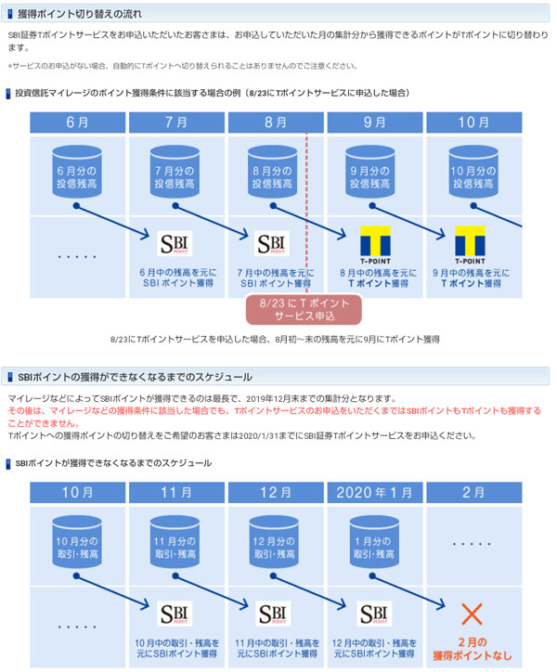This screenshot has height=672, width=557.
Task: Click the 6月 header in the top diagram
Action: coord(78,123)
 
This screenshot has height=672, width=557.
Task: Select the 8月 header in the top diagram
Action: coord(277,123)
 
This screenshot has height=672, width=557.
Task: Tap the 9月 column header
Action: coord(376,123)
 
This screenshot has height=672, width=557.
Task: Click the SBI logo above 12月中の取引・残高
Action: coord(376,615)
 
